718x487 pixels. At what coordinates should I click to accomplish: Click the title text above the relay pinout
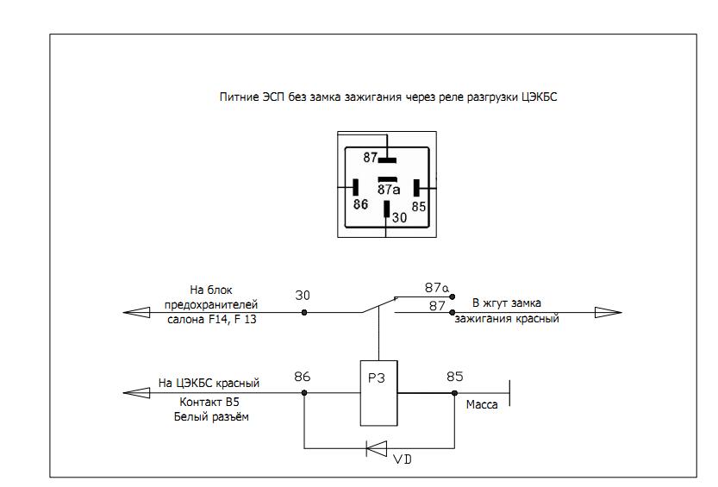coord(389,97)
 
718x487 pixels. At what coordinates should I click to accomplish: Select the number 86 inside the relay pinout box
coord(360,205)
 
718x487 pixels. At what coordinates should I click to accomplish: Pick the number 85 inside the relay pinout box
coord(419,207)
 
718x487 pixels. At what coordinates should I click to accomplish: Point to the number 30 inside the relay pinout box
coord(399,219)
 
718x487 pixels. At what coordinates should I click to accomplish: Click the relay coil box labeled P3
coord(378,393)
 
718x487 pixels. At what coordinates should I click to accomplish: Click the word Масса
coord(481,403)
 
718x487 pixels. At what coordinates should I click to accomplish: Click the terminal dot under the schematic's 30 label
coord(303,312)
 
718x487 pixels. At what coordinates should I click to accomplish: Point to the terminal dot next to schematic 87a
coord(452,296)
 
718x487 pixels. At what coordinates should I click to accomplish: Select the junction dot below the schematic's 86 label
coord(303,394)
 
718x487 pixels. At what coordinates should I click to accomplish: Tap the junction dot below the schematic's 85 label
coord(454,394)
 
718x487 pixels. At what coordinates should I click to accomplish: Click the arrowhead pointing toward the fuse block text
coord(136,312)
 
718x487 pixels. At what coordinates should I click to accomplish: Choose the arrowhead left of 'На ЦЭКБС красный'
coord(136,394)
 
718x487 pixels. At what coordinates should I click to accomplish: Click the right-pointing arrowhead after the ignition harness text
coord(608,312)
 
